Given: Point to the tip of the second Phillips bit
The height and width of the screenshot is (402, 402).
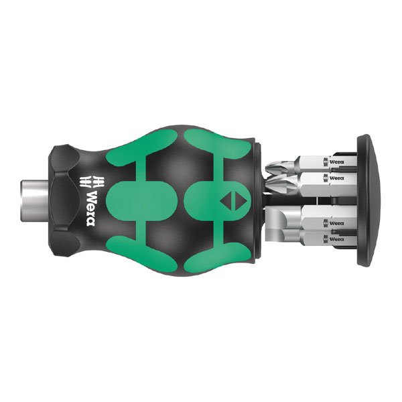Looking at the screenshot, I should click(x=271, y=183).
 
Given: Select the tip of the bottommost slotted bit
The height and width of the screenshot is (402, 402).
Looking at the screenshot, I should click(x=281, y=242).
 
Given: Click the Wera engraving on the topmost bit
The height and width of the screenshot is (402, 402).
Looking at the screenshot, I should click(x=334, y=161).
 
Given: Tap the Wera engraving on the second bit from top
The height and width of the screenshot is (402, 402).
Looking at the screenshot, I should click(x=334, y=178).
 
